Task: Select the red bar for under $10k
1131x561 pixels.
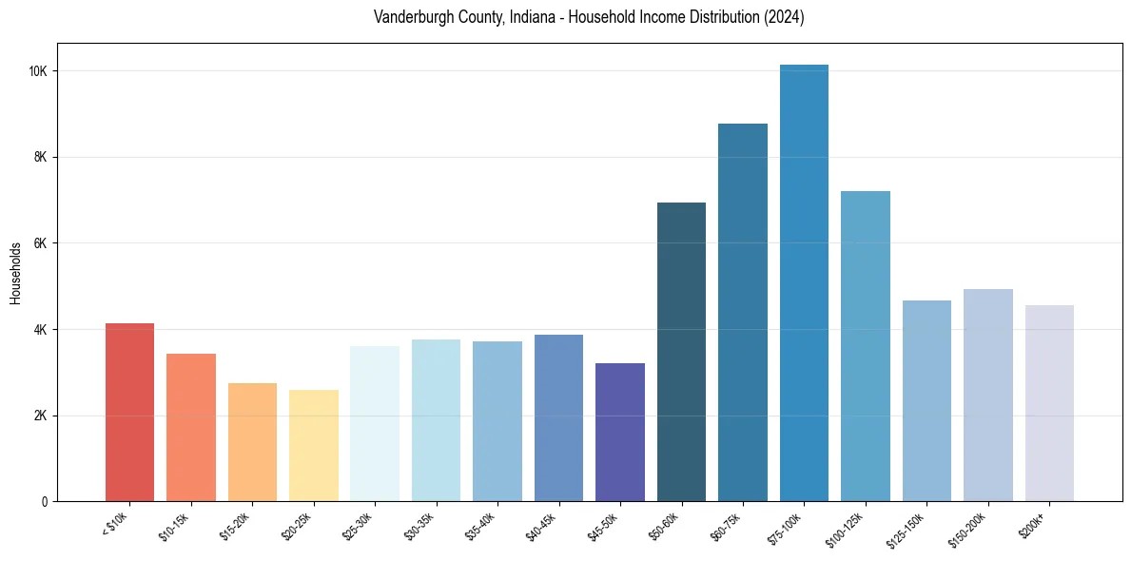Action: [x=129, y=413]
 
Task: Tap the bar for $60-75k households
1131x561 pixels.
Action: [x=743, y=313]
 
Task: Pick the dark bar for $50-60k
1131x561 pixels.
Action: [x=681, y=352]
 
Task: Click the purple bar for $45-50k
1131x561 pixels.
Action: [x=620, y=433]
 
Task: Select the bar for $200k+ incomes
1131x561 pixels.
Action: [x=1049, y=403]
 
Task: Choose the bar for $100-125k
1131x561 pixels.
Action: [x=866, y=346]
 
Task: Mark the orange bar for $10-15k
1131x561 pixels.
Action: [x=191, y=428]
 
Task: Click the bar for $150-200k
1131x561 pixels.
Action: [x=988, y=396]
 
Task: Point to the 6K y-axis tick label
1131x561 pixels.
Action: [x=40, y=243]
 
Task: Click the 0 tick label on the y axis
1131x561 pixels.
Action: [x=45, y=502]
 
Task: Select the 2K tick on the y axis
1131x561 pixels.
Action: [x=40, y=416]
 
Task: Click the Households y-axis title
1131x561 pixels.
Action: [x=15, y=273]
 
